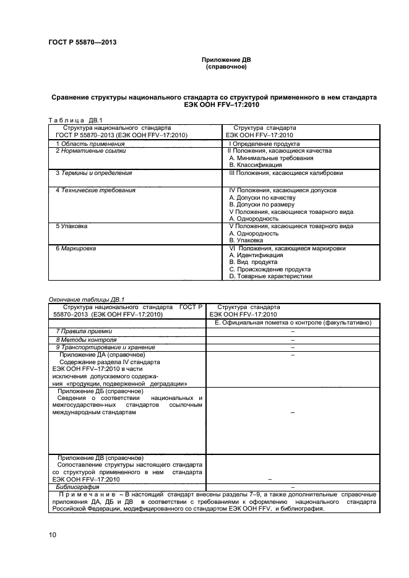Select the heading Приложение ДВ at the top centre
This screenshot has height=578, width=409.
[226, 60]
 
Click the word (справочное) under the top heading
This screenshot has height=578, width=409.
[226, 67]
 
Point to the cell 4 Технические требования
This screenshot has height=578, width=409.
[95, 190]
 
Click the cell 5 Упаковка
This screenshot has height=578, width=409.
[71, 226]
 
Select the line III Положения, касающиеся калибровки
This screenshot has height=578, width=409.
[285, 173]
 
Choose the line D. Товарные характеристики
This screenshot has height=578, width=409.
[270, 276]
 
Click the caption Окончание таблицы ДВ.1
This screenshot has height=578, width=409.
[87, 299]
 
